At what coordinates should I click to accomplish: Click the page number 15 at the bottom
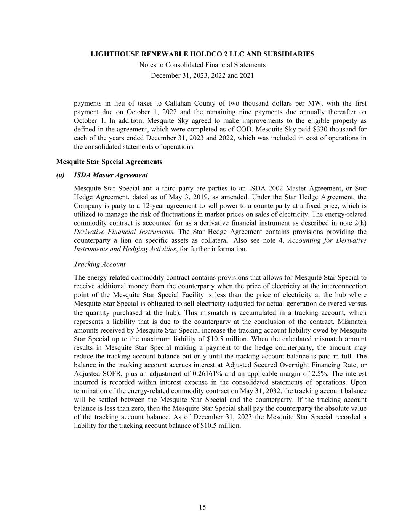202,507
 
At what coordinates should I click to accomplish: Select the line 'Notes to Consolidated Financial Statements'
202,65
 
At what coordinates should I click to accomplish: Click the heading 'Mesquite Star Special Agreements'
109,162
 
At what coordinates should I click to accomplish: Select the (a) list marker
61,175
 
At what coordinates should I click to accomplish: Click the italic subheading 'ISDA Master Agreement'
111,175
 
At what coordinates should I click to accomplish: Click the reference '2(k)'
359,223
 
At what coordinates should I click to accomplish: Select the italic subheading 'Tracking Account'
99,264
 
